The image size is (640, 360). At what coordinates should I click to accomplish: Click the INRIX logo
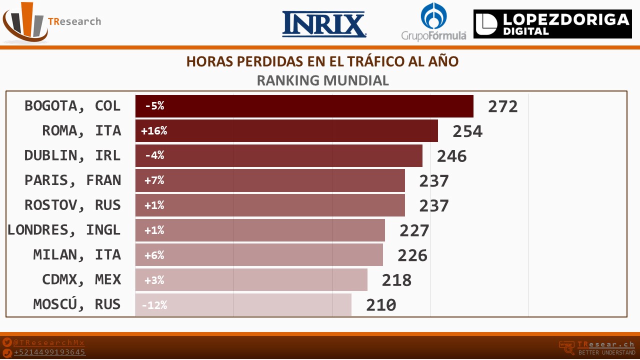click(324, 24)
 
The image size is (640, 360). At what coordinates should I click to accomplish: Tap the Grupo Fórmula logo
click(433, 22)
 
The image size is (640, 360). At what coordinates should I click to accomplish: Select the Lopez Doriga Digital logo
click(552, 24)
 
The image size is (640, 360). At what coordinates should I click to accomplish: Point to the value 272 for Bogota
click(502, 106)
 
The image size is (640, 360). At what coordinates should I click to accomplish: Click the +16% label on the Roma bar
click(154, 131)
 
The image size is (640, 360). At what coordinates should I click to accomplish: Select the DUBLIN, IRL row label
click(72, 155)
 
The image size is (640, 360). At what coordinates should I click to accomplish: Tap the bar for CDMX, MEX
click(251, 280)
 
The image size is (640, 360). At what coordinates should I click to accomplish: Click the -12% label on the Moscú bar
click(154, 305)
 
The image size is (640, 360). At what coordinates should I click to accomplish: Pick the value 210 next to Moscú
click(381, 305)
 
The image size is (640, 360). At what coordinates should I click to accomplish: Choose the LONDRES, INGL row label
click(64, 230)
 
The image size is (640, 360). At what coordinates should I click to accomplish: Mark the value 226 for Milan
click(412, 255)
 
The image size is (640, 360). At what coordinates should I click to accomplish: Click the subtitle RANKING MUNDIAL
click(322, 80)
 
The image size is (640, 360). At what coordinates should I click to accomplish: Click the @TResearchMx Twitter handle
click(49, 343)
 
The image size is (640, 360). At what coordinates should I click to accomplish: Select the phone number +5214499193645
click(49, 352)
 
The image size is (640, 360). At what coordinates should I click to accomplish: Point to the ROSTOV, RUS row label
click(72, 205)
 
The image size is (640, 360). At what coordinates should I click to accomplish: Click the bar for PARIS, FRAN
click(270, 180)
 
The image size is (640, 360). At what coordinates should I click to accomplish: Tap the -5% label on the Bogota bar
click(154, 106)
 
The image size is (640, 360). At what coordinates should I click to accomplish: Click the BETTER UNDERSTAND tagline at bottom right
click(606, 353)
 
